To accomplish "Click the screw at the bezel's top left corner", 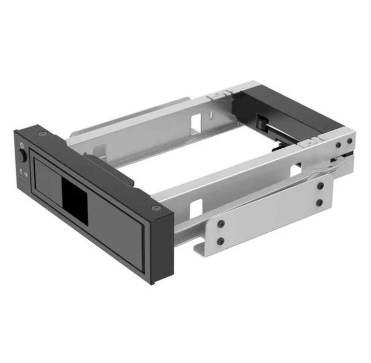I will pyautogui.click(x=40, y=135).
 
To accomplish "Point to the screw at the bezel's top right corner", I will pyautogui.click(x=154, y=208).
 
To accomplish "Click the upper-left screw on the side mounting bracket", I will pyautogui.click(x=221, y=223).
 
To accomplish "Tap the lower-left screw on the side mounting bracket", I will pyautogui.click(x=220, y=240).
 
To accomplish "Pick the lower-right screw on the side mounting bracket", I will pyautogui.click(x=320, y=202).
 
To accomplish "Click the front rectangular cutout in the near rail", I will pyautogui.click(x=196, y=208).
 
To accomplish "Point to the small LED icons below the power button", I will pyautogui.click(x=22, y=173).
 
